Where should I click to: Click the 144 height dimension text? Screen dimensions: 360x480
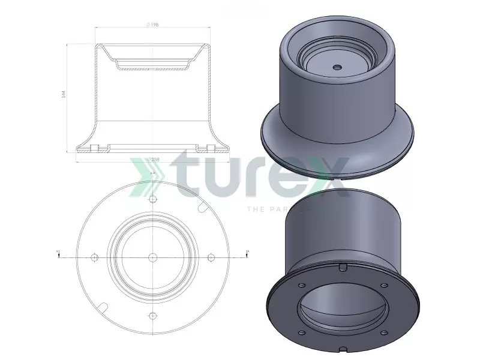[64, 95]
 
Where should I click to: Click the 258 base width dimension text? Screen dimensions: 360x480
[154, 160]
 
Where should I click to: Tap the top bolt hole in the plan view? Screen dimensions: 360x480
[153, 199]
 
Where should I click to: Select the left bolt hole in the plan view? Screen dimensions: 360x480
[94, 257]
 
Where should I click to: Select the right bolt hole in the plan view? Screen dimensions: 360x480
[211, 257]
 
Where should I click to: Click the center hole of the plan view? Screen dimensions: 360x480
[153, 257]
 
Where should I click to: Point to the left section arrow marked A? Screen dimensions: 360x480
[58, 253]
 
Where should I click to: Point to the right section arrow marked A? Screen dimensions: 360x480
[247, 253]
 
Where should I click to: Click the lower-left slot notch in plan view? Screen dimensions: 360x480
[103, 308]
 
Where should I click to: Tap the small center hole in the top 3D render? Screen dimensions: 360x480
[337, 67]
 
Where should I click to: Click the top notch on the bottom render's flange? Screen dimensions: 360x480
[341, 266]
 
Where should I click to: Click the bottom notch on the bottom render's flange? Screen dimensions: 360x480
[341, 349]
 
